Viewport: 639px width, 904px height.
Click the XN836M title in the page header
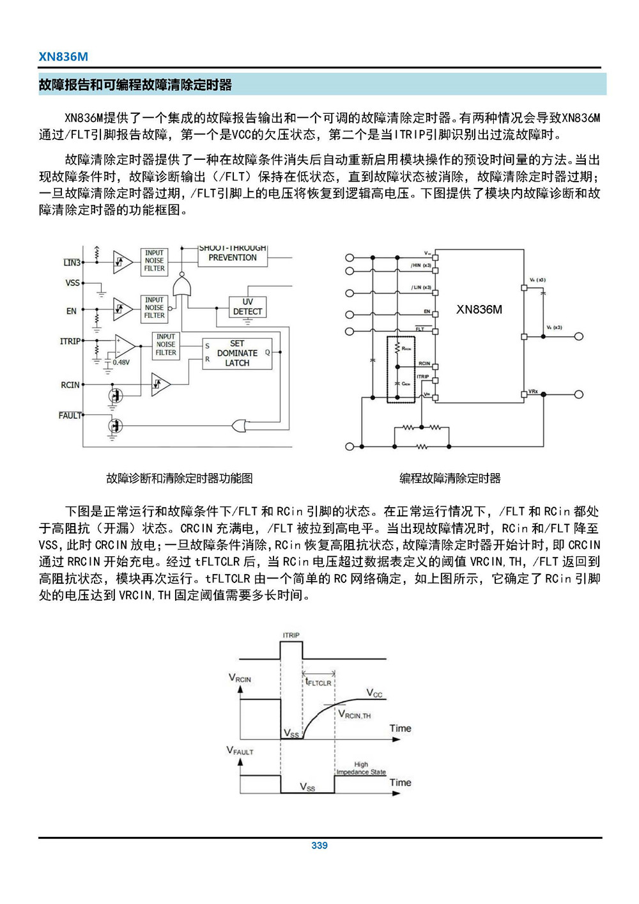coord(63,56)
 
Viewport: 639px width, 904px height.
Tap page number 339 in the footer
coord(319,845)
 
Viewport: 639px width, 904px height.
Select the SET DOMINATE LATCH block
coord(237,353)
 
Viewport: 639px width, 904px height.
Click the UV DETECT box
coord(247,307)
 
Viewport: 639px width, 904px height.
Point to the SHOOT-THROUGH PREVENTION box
coord(232,254)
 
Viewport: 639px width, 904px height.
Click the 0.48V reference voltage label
coord(121,362)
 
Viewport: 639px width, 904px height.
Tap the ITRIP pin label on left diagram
coord(70,341)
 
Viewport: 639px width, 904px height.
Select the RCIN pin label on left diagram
coord(70,385)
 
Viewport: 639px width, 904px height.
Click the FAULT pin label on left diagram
coord(70,416)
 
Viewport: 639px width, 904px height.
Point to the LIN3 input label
coord(72,263)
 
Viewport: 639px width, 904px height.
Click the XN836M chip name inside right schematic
coord(479,310)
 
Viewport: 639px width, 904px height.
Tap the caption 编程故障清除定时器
coord(450,478)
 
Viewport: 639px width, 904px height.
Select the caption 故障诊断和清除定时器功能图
coord(180,478)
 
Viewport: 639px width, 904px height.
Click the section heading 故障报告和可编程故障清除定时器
coord(135,85)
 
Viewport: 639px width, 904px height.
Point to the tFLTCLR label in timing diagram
coord(318,682)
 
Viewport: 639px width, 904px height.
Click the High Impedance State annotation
coord(361,768)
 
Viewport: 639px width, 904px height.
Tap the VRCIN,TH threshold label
coord(355,715)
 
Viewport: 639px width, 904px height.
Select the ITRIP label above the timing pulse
coord(291,635)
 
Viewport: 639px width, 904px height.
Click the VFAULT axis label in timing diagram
coord(240,751)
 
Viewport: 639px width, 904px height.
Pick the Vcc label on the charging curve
coord(374,693)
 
